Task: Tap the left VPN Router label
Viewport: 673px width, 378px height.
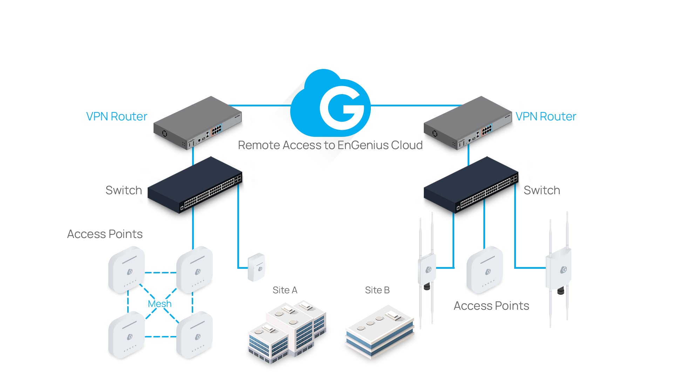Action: click(x=116, y=117)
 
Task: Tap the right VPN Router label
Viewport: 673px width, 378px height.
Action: click(x=545, y=117)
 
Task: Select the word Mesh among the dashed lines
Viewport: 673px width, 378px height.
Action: click(x=159, y=304)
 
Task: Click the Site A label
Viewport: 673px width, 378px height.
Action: click(x=285, y=290)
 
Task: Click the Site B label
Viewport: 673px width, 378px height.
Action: click(x=377, y=290)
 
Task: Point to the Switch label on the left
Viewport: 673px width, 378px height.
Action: click(x=124, y=190)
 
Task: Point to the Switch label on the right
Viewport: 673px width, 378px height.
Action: click(x=542, y=190)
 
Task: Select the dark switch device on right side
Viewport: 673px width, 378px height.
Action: click(x=470, y=185)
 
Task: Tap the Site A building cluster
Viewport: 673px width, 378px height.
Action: click(x=287, y=332)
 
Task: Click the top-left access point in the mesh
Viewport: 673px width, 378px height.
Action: click(x=127, y=269)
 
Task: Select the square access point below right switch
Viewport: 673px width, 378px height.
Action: click(x=485, y=269)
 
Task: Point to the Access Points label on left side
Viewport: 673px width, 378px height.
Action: click(x=105, y=234)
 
